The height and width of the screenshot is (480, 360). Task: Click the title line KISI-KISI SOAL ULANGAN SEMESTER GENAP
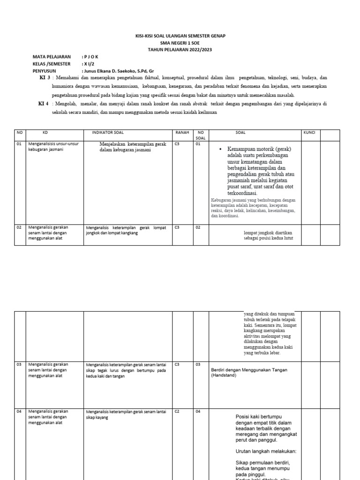(180, 36)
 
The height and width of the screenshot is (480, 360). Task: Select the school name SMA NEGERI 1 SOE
(180, 42)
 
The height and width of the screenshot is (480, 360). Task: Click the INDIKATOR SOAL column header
(108, 133)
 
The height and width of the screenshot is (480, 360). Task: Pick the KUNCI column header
(309, 133)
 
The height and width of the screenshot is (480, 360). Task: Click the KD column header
(45, 133)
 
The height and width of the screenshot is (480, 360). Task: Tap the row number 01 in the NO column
(20, 144)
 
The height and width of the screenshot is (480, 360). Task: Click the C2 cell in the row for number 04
(177, 412)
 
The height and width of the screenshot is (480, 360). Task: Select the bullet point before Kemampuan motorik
(220, 149)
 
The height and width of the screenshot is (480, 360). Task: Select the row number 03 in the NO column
(20, 364)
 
